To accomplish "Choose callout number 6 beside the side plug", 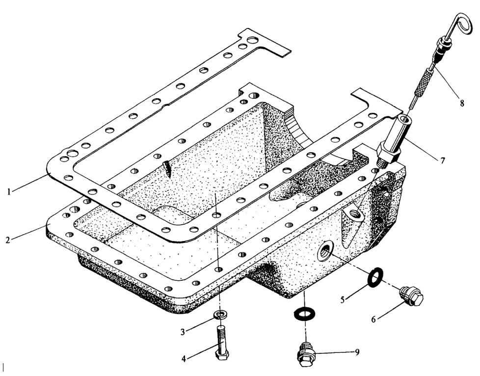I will click(x=373, y=319).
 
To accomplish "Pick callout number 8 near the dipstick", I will click(x=462, y=104).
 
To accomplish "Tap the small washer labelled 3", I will click(x=220, y=315).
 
